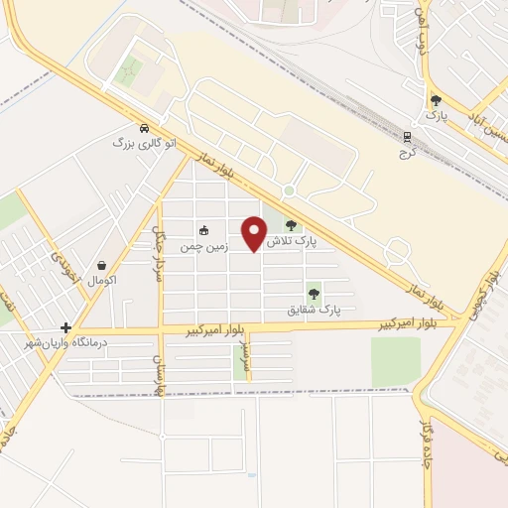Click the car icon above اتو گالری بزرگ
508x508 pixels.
[145, 129]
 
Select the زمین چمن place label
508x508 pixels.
[204, 245]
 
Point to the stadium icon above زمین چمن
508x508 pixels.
[204, 230]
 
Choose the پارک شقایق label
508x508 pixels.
[314, 310]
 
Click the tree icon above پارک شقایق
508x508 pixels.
[314, 294]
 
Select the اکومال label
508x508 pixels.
[102, 281]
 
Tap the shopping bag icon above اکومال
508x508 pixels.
[102, 265]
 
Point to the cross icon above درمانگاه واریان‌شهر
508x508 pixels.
[65, 327]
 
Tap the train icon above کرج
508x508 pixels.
[406, 138]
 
